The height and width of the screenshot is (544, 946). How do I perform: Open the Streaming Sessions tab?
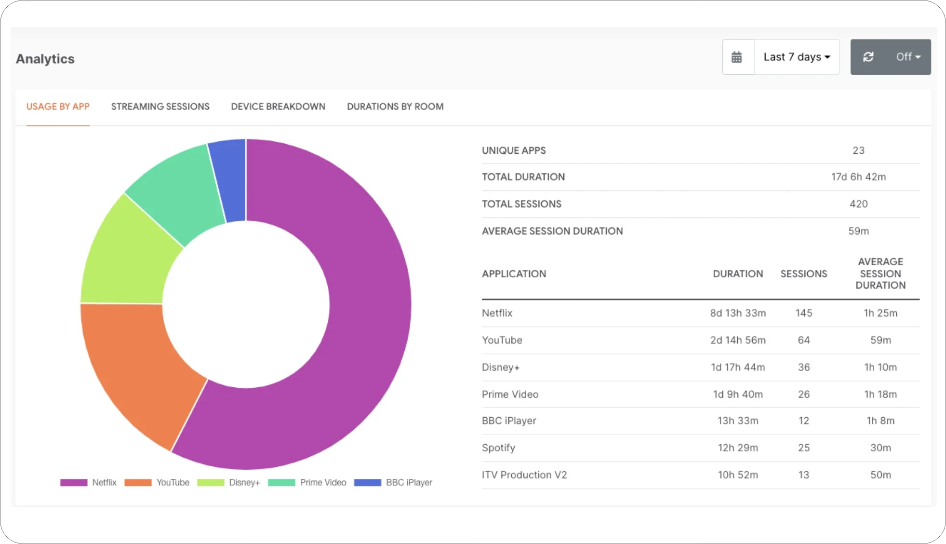(x=160, y=107)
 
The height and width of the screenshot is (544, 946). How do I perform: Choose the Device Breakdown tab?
(x=278, y=107)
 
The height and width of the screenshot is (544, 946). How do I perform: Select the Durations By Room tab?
(x=395, y=107)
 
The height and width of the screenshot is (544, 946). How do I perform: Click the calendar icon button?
(x=737, y=57)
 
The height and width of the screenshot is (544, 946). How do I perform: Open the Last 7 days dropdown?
(x=797, y=57)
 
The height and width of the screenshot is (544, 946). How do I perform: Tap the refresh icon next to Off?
(x=868, y=57)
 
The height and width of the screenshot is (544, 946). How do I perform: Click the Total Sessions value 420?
(x=858, y=204)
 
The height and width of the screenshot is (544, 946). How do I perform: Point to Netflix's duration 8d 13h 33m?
(x=737, y=313)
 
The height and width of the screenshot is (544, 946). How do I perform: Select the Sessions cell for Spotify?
(x=803, y=448)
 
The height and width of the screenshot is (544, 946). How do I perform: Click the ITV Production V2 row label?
(x=524, y=475)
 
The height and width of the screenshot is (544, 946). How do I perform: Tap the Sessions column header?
(x=803, y=274)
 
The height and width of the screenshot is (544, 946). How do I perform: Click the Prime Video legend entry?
(x=322, y=482)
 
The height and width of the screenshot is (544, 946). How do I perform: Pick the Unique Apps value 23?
(x=858, y=150)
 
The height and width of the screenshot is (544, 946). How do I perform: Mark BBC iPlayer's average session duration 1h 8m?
(x=880, y=421)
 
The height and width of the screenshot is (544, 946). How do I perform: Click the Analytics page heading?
(x=45, y=59)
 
